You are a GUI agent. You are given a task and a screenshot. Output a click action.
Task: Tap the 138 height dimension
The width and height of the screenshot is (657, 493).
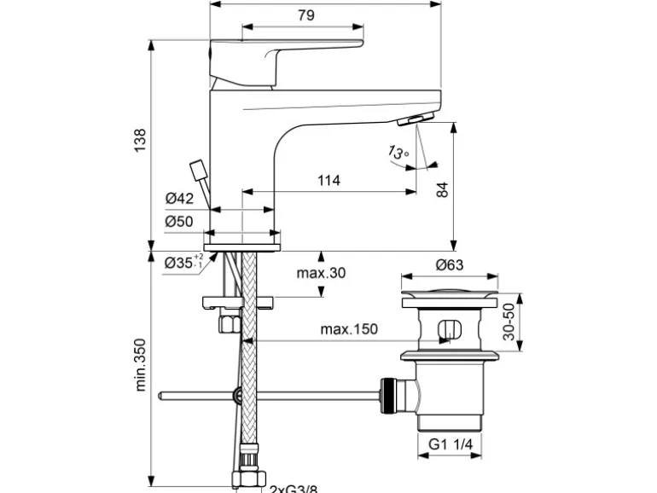[x=140, y=138]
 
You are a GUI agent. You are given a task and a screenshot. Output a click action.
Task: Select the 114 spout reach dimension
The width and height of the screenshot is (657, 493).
[x=328, y=180]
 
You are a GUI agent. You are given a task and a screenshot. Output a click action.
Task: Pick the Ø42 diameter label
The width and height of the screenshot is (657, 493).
[x=179, y=199]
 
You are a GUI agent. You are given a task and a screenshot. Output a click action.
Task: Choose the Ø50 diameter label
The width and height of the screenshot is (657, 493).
[x=179, y=221]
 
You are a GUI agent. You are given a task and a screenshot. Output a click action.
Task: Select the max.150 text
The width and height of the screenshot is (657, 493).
[x=348, y=328]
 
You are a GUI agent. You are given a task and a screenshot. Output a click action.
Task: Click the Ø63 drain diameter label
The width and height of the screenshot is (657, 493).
[x=449, y=264]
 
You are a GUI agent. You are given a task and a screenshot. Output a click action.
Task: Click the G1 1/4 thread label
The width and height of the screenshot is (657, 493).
[x=450, y=444]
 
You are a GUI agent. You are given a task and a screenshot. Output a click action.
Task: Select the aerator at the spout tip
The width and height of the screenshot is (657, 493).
[x=420, y=118]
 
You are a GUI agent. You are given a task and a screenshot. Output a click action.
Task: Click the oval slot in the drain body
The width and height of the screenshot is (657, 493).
[x=449, y=329]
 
